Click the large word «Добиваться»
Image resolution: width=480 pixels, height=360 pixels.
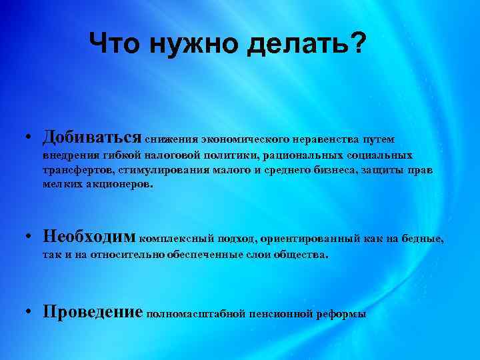91,137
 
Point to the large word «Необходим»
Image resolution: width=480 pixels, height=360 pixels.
89,236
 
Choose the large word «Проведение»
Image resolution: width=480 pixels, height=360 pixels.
93,311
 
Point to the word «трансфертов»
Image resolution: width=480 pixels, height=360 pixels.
74,170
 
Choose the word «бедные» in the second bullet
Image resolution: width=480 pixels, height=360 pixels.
422,238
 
